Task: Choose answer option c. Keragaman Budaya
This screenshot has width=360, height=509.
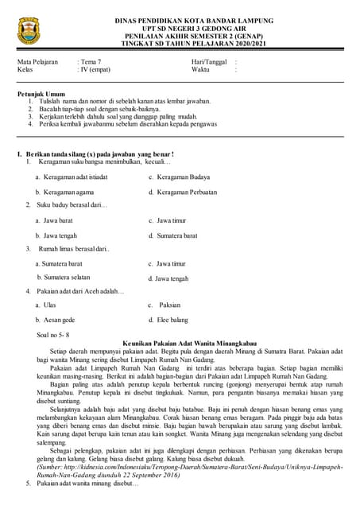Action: pyautogui.click(x=179, y=177)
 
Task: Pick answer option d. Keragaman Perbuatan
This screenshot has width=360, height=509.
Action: pyautogui.click(x=184, y=192)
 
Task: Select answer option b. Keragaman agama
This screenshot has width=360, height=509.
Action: pyautogui.click(x=65, y=192)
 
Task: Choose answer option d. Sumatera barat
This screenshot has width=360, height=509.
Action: pyautogui.click(x=172, y=235)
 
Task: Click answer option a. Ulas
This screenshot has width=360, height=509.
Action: pyautogui.click(x=45, y=305)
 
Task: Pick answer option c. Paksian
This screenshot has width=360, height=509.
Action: pyautogui.click(x=165, y=305)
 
